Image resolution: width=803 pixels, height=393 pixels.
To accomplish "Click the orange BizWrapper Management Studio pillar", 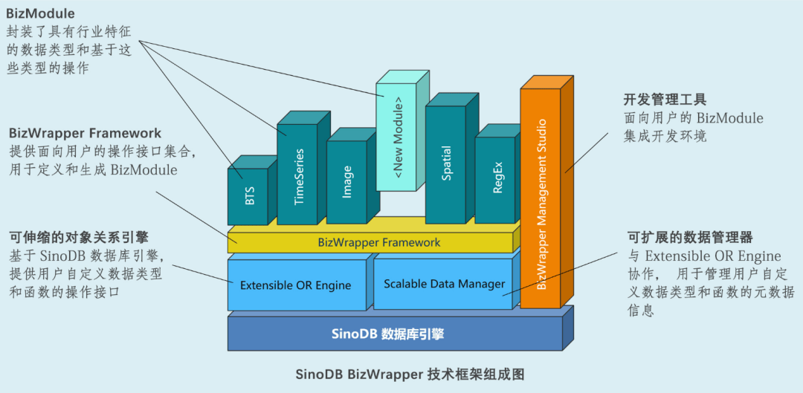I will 541,197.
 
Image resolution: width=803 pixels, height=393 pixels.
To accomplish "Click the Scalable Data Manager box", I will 443,284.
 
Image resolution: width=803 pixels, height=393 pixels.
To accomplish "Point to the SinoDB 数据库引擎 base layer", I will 394,334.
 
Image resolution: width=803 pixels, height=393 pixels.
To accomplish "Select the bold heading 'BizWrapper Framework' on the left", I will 85,134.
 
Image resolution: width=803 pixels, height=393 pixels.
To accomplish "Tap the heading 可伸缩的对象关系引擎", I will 79,238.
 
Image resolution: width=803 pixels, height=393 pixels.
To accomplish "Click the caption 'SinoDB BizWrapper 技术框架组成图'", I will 400,374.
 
